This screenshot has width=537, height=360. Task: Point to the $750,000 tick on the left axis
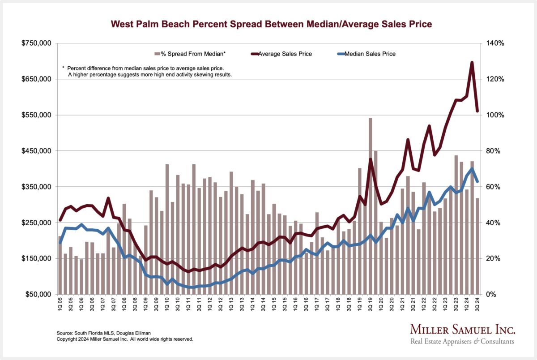37,43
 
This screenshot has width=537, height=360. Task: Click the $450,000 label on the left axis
37,151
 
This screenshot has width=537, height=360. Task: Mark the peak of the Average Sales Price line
472,63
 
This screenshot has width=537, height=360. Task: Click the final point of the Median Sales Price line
477,181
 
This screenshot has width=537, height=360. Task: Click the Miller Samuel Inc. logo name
463,330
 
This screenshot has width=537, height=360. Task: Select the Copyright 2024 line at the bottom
125,339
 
